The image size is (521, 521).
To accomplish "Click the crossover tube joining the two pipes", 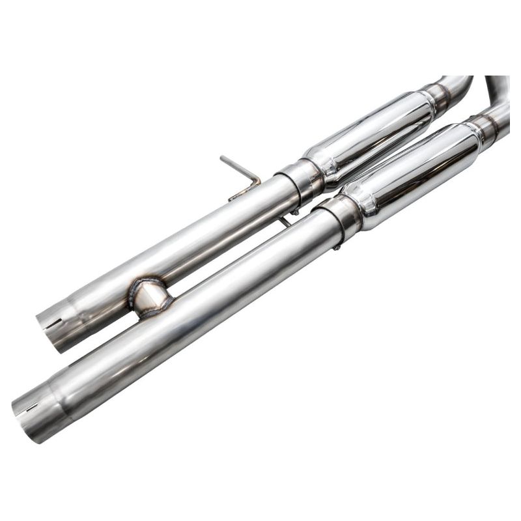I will (x=150, y=298).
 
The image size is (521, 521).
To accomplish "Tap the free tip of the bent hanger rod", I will (x=223, y=158).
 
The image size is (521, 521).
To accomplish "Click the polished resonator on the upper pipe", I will (x=369, y=133).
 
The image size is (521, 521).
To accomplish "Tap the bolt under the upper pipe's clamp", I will (x=295, y=210).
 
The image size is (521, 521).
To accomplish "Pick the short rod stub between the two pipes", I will (x=285, y=222).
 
